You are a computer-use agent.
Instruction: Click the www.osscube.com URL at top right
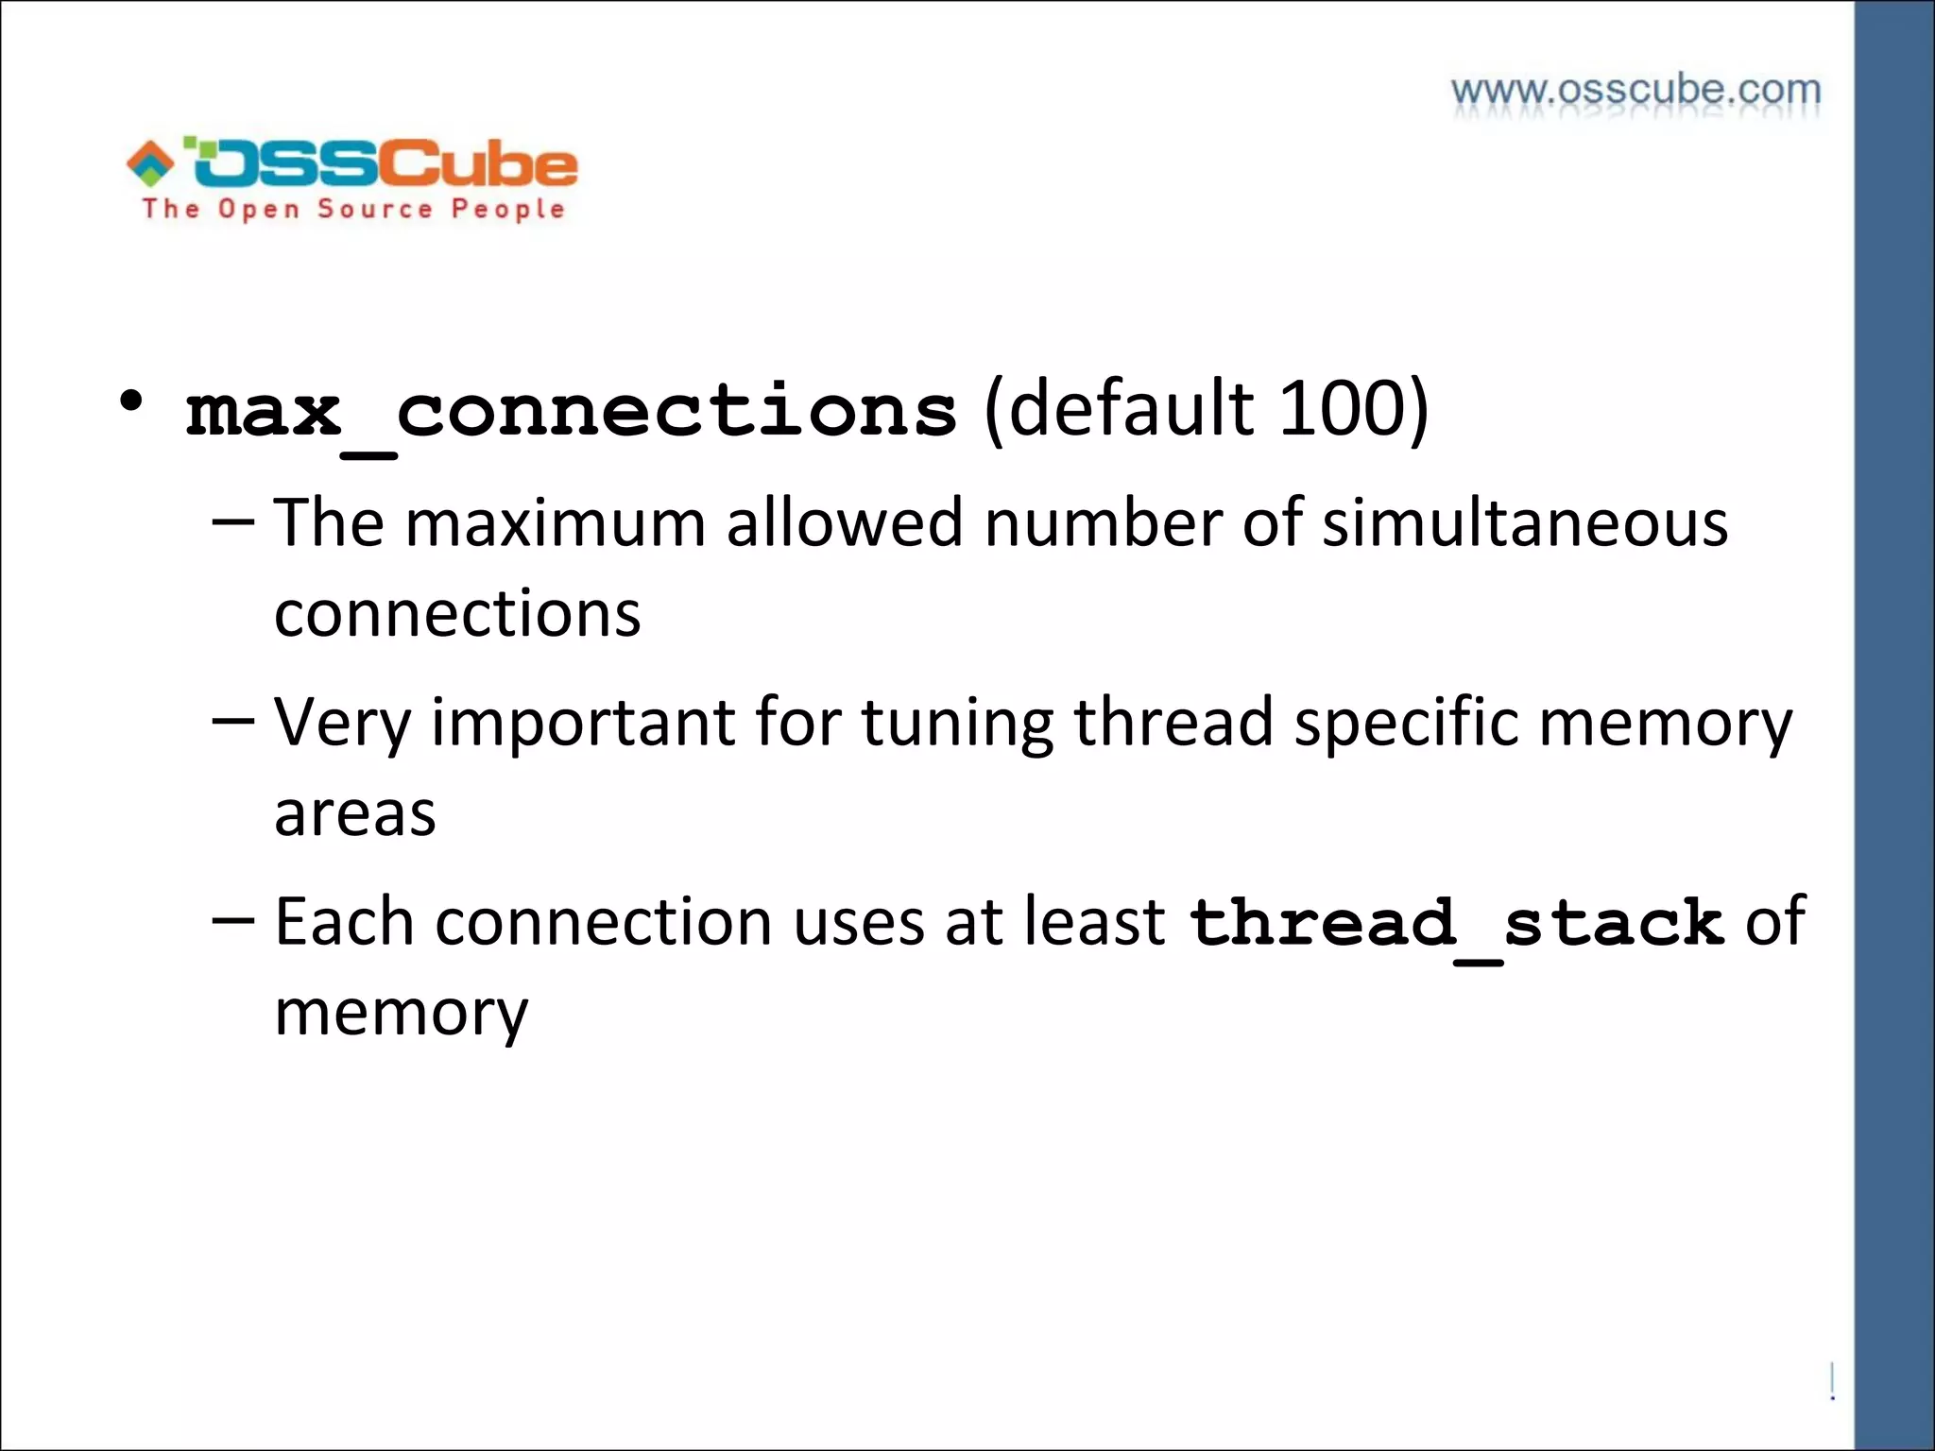point(1635,91)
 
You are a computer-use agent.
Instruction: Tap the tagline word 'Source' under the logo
point(374,209)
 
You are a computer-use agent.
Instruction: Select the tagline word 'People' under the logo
point(507,210)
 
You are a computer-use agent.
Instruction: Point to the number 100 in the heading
point(1343,409)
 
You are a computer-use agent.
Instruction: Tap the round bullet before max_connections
point(131,401)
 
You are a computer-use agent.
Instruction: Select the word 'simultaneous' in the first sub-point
point(1524,522)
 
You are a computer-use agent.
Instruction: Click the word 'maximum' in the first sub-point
point(556,522)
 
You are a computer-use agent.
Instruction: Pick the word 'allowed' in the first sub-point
point(845,522)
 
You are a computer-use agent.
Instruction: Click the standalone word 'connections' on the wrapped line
point(457,614)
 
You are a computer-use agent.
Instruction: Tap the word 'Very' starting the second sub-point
point(342,723)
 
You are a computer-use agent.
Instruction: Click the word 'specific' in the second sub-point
point(1406,723)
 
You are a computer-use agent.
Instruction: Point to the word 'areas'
point(355,813)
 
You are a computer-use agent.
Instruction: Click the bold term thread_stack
point(1456,923)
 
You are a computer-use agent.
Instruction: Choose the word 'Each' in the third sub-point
point(344,922)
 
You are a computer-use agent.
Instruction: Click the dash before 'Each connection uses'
point(233,920)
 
